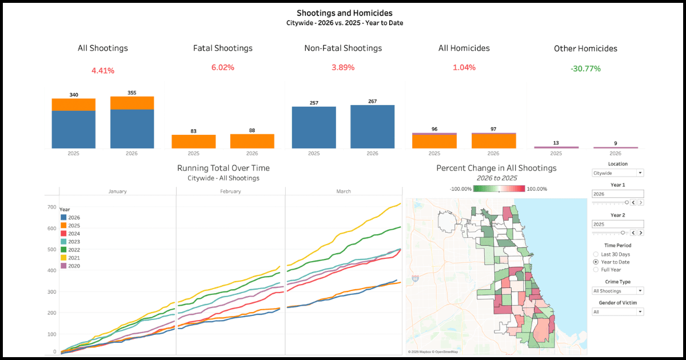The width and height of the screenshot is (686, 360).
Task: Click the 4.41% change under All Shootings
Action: tap(103, 71)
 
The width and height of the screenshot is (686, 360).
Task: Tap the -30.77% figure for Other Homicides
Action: tap(585, 69)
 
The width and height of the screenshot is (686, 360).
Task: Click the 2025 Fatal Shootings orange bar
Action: tap(193, 142)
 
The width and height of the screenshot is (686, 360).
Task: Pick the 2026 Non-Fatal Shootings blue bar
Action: tap(372, 127)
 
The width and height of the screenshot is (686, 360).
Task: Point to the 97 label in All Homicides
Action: tap(493, 129)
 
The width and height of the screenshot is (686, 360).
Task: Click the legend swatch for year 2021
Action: tap(63, 258)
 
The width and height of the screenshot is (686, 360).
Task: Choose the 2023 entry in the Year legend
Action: tap(74, 242)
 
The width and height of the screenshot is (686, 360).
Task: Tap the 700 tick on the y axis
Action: tap(51, 207)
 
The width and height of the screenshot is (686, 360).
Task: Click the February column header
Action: tap(230, 191)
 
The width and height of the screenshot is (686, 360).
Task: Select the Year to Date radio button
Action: tap(596, 262)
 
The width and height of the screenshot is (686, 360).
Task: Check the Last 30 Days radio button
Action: tap(596, 254)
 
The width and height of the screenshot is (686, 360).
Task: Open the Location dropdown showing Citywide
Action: tap(617, 173)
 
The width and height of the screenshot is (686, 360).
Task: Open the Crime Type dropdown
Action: tap(617, 291)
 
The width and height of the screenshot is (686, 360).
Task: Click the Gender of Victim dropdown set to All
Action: tap(617, 312)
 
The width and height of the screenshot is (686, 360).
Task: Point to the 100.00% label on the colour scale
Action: tap(537, 189)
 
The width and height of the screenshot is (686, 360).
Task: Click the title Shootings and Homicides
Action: tap(345, 13)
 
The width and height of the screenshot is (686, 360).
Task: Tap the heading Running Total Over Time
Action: tap(224, 168)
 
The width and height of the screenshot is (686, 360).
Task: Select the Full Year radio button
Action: tap(596, 269)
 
